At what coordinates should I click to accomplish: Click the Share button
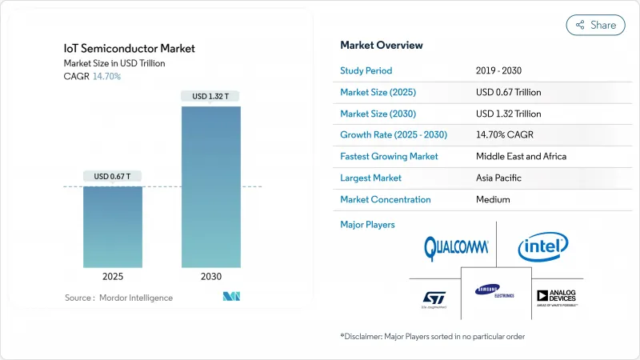coord(596,25)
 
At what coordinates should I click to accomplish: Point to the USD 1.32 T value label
coord(211,97)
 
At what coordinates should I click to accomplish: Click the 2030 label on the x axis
coord(211,276)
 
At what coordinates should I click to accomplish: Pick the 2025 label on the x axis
coord(114,276)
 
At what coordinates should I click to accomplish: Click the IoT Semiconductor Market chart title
coord(130,49)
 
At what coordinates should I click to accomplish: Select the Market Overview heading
coord(382,46)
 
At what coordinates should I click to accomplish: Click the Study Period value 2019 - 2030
coord(502,70)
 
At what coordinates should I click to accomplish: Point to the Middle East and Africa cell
coord(520,156)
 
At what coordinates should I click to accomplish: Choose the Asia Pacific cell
coord(500,178)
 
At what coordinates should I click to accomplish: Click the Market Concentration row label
coord(386,199)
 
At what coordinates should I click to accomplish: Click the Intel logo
coord(543,247)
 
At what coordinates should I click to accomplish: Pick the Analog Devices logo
coord(557,297)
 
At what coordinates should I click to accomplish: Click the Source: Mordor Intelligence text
coord(118,298)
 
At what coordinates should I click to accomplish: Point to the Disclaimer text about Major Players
coord(433,336)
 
